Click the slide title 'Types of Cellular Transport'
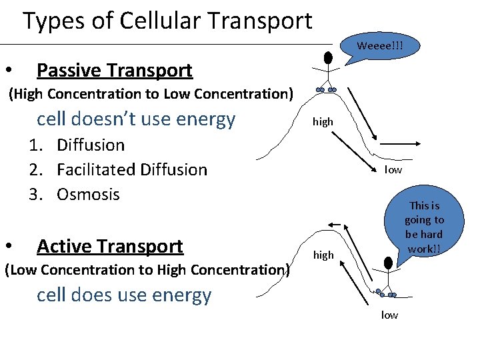click(x=167, y=21)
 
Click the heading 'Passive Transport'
click(x=114, y=70)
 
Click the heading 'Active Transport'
click(x=109, y=246)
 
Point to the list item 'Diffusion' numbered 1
click(x=91, y=145)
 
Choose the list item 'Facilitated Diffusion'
click(x=132, y=169)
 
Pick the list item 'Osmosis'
click(x=88, y=194)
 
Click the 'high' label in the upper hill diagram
click(x=323, y=122)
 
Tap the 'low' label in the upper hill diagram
click(x=393, y=169)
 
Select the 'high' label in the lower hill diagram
click(x=323, y=255)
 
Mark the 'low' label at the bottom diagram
click(x=389, y=315)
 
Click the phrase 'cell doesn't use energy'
click(x=136, y=119)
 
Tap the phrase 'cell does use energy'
click(x=124, y=295)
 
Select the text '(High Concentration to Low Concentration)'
click(x=150, y=94)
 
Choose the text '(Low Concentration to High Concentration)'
click(x=147, y=270)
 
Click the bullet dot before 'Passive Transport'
click(x=9, y=71)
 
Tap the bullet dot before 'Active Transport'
click(x=9, y=247)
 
